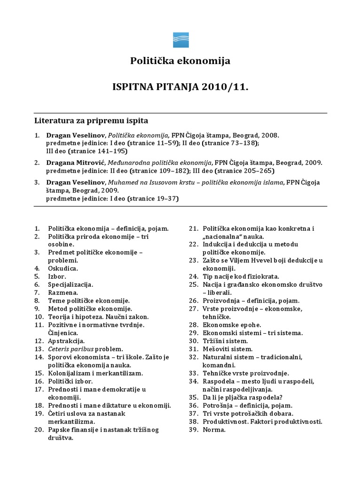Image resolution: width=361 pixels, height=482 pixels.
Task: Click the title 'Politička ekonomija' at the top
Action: (180, 61)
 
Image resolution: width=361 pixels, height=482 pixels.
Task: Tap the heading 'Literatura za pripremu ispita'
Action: (91, 120)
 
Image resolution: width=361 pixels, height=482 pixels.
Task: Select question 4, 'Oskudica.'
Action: (63, 268)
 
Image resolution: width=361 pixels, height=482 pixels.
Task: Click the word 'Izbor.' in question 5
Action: (57, 276)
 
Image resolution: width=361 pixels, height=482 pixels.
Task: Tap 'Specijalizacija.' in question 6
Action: (71, 284)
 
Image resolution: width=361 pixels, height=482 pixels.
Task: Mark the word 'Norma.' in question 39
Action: (214, 430)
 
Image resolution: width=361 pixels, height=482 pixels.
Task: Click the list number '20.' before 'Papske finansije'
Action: (39, 430)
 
